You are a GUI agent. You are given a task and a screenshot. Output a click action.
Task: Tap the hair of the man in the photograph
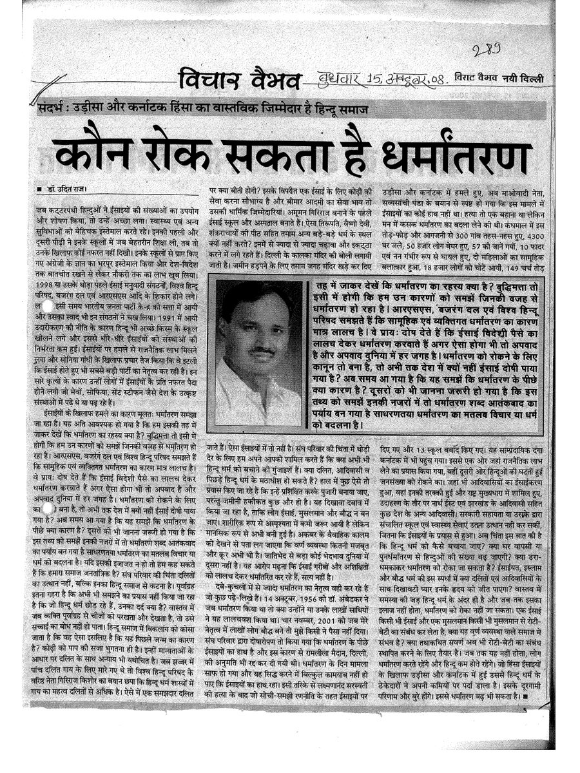255,298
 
